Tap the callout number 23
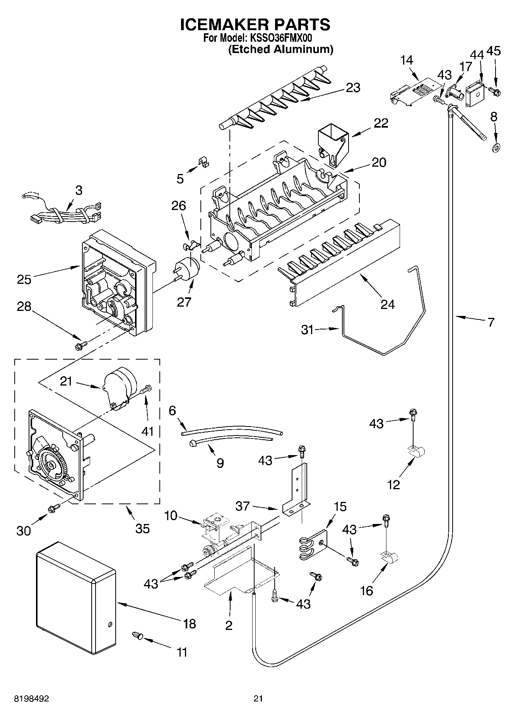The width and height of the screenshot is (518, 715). click(x=353, y=88)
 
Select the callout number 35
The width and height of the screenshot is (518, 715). click(x=142, y=528)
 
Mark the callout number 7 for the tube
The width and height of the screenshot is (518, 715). click(x=491, y=322)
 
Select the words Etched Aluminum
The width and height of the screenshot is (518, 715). click(x=280, y=49)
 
